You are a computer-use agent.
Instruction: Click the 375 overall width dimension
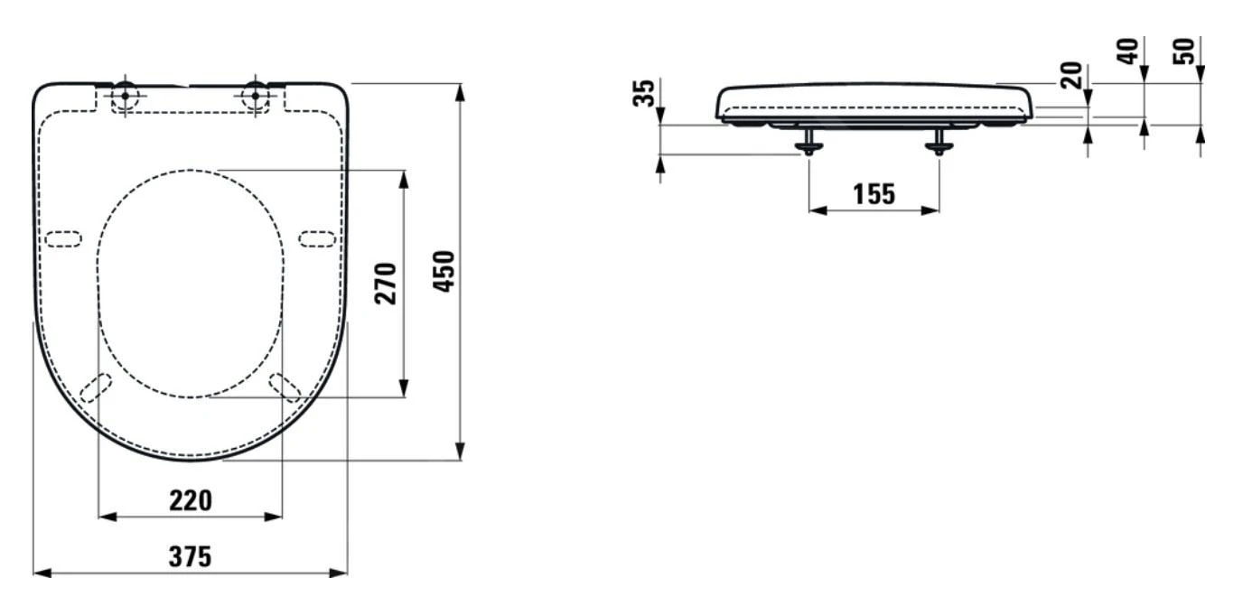click(190, 557)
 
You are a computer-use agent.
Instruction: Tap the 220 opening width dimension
click(191, 500)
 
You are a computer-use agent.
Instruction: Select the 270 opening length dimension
click(386, 284)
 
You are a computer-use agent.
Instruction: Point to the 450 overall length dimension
click(444, 272)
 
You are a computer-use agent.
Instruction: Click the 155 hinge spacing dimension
click(874, 194)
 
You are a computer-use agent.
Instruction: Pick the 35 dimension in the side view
click(643, 93)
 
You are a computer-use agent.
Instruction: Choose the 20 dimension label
click(1071, 76)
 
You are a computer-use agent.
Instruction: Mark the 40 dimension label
click(1127, 51)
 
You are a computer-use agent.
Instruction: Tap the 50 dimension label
click(1183, 51)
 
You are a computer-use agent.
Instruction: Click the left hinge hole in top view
click(125, 96)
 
